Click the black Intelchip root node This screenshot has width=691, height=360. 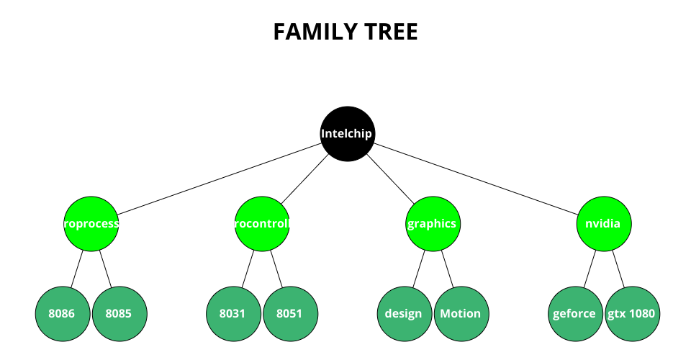[348, 133]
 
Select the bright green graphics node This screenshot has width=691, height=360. [432, 224]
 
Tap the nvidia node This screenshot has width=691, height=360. [603, 224]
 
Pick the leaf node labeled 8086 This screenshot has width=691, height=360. [62, 313]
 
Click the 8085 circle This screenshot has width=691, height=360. [119, 313]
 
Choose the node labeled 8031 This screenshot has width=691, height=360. [233, 313]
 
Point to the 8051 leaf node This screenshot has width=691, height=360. [290, 313]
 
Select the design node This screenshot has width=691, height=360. [404, 313]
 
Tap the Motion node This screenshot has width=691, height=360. [461, 313]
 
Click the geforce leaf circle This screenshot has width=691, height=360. [574, 313]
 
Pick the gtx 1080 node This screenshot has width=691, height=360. [632, 313]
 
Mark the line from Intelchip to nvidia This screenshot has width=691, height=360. [475, 179]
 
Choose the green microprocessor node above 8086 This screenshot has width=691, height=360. [91, 224]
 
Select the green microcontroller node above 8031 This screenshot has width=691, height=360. [262, 224]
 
